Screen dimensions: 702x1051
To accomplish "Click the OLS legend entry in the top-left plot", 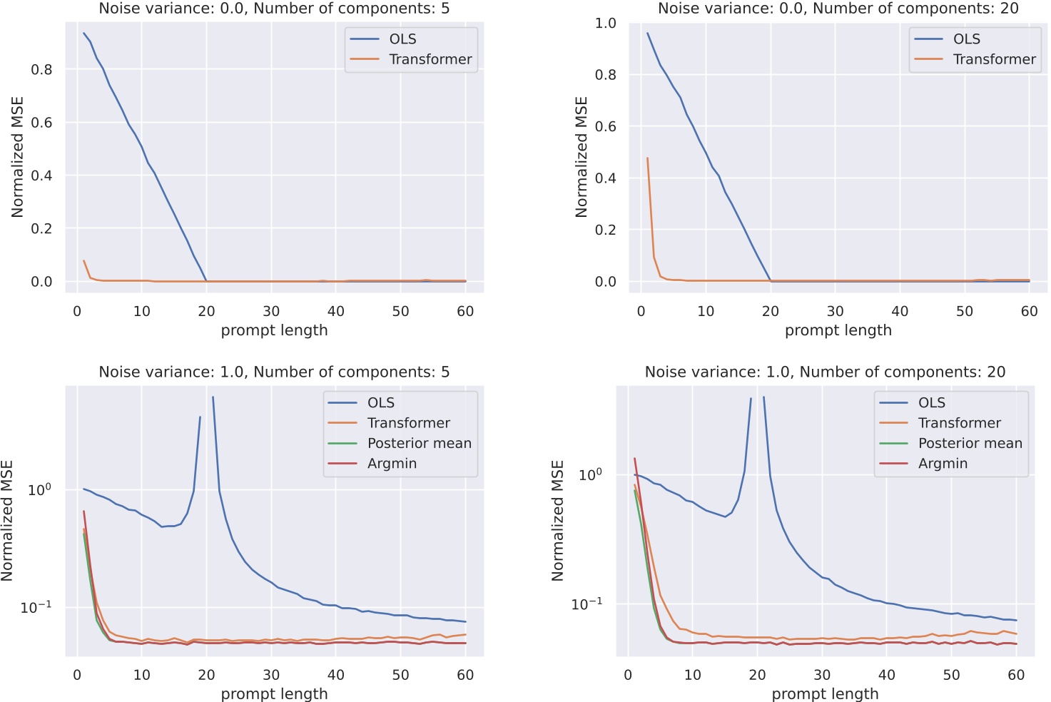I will (x=402, y=39).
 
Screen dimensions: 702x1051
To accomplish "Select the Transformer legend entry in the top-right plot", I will (x=994, y=59).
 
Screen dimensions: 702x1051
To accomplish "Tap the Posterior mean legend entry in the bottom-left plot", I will (x=419, y=443).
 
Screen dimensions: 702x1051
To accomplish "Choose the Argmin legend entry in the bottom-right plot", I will (x=943, y=463).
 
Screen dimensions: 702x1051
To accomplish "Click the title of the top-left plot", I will (x=274, y=9).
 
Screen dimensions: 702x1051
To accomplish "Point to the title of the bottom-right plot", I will (x=825, y=372).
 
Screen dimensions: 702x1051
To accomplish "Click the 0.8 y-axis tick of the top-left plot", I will (x=41, y=69).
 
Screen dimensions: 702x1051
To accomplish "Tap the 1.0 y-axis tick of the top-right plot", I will (x=605, y=24).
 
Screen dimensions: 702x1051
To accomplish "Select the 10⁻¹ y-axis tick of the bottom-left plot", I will (x=36, y=606).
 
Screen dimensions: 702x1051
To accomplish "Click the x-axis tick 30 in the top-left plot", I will (x=271, y=311).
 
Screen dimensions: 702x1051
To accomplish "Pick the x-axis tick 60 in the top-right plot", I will (x=1029, y=311).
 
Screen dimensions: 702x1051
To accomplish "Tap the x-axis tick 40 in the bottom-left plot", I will (x=335, y=675).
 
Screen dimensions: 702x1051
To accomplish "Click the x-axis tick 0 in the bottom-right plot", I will (x=628, y=675).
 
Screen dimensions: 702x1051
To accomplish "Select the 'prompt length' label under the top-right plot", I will (x=838, y=330).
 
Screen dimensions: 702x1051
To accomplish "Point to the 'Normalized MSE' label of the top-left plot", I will (x=18, y=156).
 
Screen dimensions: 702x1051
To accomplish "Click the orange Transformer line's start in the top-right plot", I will (x=647, y=158).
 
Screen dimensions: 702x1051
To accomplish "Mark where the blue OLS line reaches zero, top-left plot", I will (x=206, y=281).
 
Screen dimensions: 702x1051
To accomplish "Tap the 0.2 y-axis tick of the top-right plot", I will (x=605, y=230).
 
